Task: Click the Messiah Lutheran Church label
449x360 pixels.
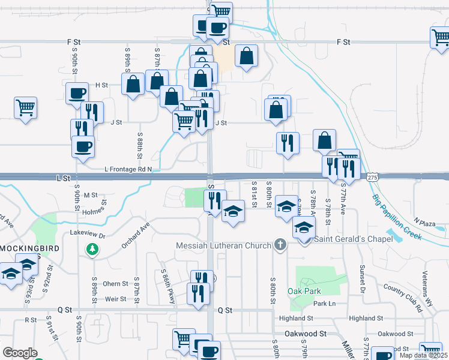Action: click(x=224, y=245)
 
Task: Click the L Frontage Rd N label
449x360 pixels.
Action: click(x=128, y=170)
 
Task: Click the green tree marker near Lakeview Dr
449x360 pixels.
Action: click(x=92, y=248)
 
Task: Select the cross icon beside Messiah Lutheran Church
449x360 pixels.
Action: click(x=279, y=245)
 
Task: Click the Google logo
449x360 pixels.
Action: click(x=20, y=353)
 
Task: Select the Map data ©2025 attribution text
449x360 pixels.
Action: click(x=423, y=355)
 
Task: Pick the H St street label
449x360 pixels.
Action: click(x=101, y=85)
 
